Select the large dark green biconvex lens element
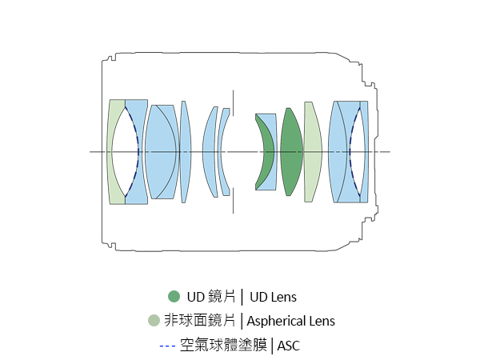point(291,152)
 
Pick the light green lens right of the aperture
point(313,152)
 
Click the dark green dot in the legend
point(174,296)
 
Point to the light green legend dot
point(154,321)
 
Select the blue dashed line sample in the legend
point(167,346)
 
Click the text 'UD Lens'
point(273,297)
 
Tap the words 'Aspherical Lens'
point(291,321)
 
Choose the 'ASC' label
point(288,346)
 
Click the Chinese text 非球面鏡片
point(199,321)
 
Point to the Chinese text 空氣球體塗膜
point(223,346)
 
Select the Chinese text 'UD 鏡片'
point(211,297)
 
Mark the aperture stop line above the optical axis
point(233,103)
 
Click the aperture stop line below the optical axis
point(233,201)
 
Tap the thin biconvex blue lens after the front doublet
point(186,152)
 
